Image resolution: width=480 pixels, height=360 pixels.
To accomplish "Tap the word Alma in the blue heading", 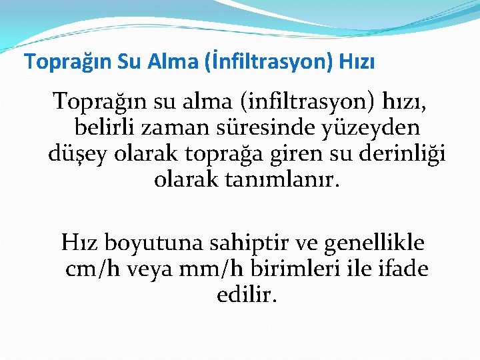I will click(174, 62).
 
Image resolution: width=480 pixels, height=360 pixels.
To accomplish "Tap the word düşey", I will click(79, 154).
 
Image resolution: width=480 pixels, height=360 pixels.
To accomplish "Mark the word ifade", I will click(401, 269).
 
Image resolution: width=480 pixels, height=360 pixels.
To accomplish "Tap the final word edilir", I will click(246, 295).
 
